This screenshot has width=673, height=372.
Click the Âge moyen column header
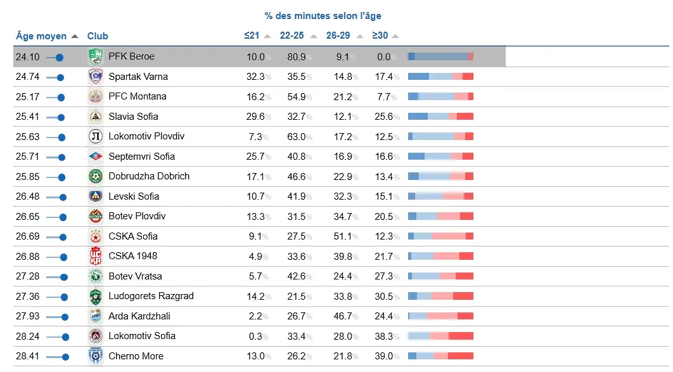pos(41,36)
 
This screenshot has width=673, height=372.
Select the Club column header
pos(98,36)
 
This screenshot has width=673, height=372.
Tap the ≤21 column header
pos(252,35)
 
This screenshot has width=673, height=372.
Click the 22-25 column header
pos(292,35)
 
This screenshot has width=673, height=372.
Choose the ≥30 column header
pos(380,35)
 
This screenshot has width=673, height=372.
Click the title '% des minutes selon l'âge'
pos(323,16)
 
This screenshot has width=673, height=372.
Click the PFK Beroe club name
pos(131,56)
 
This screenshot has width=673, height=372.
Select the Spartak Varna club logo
pos(96,77)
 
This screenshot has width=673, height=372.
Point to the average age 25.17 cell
pos(27,97)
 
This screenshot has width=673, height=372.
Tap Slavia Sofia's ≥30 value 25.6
pos(383,117)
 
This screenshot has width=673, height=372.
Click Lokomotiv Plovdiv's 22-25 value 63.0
pos(296,136)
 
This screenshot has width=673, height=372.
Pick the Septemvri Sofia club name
pos(141,157)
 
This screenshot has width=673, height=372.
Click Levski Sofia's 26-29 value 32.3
pos(342,196)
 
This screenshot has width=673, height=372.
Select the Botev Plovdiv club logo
pos(96,216)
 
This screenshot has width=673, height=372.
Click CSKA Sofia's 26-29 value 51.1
pos(342,236)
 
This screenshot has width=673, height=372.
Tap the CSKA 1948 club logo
pos(96,256)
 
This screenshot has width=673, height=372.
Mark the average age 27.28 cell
pos(27,276)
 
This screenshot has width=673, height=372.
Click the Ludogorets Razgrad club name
pos(151,296)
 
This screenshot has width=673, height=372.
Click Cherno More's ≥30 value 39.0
pos(383,356)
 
